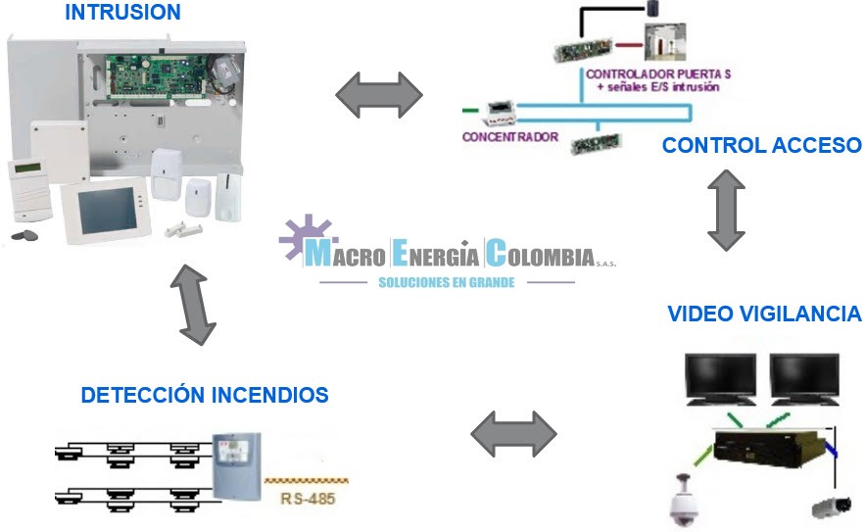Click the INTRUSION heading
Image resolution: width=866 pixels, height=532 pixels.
coord(122,13)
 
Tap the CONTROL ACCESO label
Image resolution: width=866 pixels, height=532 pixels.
coord(761,146)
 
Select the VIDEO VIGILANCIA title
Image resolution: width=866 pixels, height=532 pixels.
coord(764,314)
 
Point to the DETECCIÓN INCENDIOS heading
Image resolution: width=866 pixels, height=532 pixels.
coord(204,395)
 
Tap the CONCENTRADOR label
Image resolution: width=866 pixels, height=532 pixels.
coord(509,137)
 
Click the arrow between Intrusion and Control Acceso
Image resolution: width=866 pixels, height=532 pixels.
coord(378,94)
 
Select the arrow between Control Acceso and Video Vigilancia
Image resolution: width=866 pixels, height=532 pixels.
coord(726,210)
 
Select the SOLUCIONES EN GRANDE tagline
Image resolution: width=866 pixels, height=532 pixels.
coord(447,282)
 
